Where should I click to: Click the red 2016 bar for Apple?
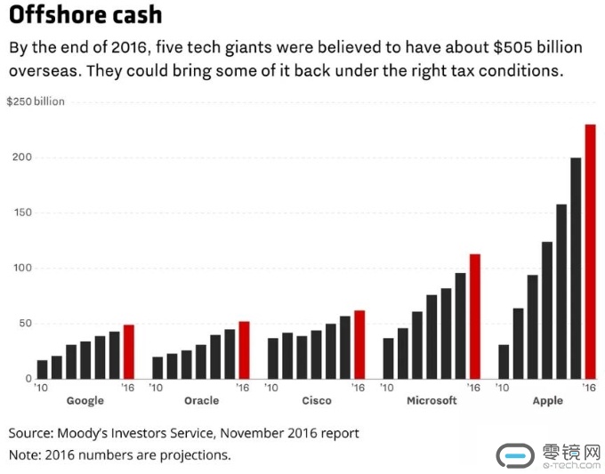tap(590, 252)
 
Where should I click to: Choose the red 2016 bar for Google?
tap(128, 351)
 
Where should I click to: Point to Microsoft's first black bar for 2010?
tap(388, 358)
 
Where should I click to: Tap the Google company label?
tap(85, 401)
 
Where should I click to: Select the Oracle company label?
tap(201, 401)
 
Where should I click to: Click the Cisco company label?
tap(316, 401)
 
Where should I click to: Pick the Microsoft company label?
tap(432, 401)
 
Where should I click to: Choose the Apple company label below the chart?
tap(547, 401)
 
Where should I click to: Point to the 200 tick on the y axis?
tap(21, 157)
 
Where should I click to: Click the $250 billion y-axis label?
tap(36, 101)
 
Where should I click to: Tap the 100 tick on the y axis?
tap(21, 268)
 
